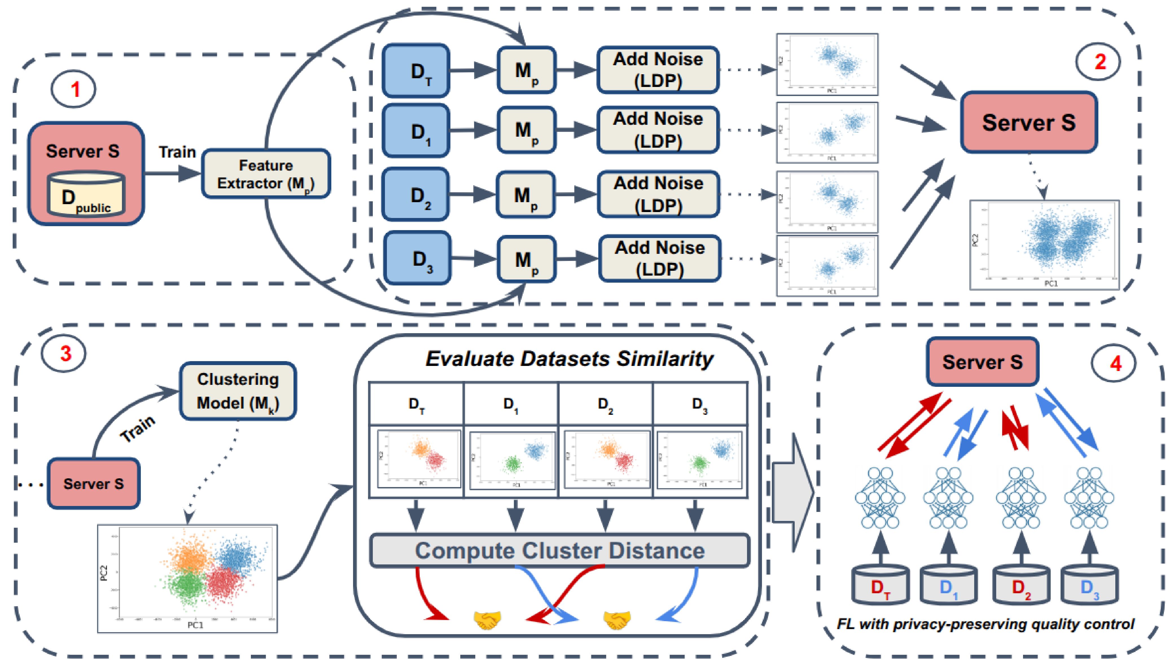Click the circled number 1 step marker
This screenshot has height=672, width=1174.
73,89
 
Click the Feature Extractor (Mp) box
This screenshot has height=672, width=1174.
266,174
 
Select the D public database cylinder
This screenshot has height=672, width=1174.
86,194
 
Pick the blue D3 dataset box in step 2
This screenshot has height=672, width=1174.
417,258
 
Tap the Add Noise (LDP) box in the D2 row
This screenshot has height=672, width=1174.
658,194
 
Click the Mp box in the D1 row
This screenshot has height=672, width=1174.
526,130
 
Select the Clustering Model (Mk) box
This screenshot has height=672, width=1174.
238,391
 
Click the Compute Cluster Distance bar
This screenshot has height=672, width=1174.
560,550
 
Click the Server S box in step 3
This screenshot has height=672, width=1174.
94,483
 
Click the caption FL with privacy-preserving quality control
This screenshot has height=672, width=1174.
985,624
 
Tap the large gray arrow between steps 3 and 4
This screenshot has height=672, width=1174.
792,492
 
